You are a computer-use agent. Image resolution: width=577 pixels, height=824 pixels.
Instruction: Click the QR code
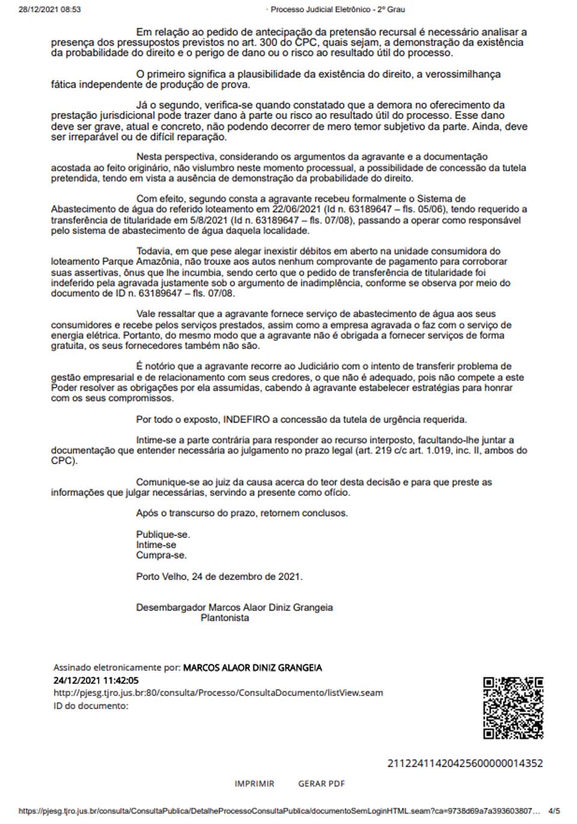point(513,707)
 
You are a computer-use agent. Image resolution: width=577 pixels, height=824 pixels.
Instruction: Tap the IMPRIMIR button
point(254,784)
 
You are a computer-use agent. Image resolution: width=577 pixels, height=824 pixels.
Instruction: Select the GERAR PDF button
point(322,784)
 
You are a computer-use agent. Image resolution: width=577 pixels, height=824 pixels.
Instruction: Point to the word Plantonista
point(225,618)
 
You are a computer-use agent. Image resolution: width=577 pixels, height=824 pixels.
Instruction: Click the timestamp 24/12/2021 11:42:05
point(96,680)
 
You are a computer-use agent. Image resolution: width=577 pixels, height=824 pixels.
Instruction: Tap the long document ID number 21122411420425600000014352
point(465,763)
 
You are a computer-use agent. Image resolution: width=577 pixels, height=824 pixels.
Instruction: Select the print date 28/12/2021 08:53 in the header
point(50,10)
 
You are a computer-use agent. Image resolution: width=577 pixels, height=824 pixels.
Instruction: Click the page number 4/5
point(554,811)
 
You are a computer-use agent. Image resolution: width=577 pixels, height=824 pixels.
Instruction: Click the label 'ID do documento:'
point(91,706)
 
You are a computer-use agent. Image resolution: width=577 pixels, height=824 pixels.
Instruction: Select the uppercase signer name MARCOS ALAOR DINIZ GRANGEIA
point(252,668)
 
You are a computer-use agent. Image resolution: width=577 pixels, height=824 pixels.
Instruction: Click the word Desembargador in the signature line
point(171,608)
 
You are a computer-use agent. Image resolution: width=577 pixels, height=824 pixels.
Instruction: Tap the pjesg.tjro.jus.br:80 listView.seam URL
point(218,693)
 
